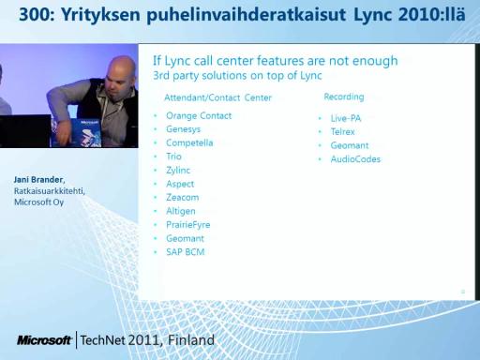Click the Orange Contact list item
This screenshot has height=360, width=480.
(199, 116)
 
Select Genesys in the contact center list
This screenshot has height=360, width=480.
(183, 129)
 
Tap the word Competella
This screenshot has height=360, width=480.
(189, 142)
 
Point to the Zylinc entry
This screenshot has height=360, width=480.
(178, 171)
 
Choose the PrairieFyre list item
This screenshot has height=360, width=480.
(187, 225)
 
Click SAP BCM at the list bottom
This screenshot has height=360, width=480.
(185, 252)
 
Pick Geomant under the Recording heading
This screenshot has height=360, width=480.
(350, 145)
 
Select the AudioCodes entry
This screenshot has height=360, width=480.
(355, 159)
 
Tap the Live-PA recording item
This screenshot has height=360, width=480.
(346, 118)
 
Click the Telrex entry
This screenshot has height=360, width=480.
(342, 131)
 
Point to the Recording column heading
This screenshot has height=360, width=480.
(344, 97)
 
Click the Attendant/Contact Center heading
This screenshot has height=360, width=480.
(217, 97)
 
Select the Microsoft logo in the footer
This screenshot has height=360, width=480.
(44, 340)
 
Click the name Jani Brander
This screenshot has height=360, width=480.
(38, 180)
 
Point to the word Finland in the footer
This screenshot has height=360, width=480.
(191, 340)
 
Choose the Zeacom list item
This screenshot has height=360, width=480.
(182, 198)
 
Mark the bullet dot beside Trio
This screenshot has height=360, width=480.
(156, 157)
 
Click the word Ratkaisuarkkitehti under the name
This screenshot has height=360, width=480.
(49, 191)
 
